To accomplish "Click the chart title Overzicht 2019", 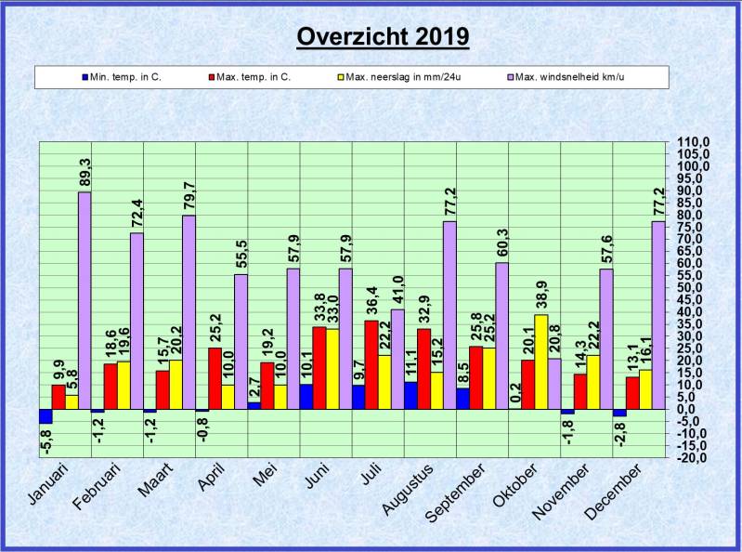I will pos(383,36).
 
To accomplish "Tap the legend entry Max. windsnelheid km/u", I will pos(566,77).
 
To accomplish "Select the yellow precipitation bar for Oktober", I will pos(541,361).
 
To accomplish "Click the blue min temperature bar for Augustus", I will pos(410,395).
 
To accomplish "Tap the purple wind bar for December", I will pos(658,315).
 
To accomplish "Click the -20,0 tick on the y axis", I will pos(693,457).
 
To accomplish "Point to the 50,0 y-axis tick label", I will pos(693,287).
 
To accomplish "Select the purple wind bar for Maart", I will pos(189,312).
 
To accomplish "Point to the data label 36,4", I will pos(371,301).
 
